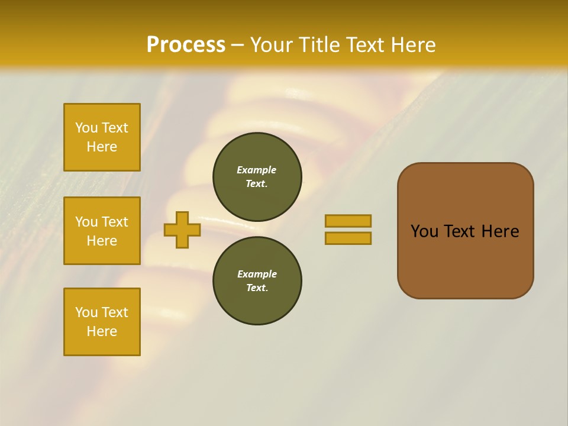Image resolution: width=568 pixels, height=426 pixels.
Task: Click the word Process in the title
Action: pyautogui.click(x=186, y=45)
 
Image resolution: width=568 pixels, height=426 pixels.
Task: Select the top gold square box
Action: pyautogui.click(x=102, y=137)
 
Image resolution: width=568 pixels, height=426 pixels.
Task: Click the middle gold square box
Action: pyautogui.click(x=102, y=231)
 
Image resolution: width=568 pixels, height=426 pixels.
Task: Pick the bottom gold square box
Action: pyautogui.click(x=102, y=322)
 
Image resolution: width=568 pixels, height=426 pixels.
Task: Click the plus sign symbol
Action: pyautogui.click(x=182, y=230)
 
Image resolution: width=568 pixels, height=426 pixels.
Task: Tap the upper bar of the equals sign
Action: pyautogui.click(x=348, y=221)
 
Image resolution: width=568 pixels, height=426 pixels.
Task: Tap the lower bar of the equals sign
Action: pyautogui.click(x=348, y=238)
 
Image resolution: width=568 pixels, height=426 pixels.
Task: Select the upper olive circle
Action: pyautogui.click(x=257, y=177)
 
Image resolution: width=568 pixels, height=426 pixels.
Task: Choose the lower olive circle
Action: pyautogui.click(x=257, y=281)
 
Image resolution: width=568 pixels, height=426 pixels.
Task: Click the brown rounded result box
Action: pyautogui.click(x=465, y=231)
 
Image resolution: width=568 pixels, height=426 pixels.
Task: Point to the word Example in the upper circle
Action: pyautogui.click(x=257, y=170)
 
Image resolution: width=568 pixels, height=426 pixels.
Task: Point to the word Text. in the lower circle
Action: pyautogui.click(x=257, y=288)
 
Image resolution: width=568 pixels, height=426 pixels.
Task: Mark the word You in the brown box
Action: pyautogui.click(x=424, y=231)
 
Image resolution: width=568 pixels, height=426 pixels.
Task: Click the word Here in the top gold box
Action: pyautogui.click(x=102, y=147)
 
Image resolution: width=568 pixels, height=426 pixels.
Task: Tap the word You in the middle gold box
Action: pyautogui.click(x=85, y=222)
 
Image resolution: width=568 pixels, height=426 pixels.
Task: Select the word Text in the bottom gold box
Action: pyautogui.click(x=114, y=312)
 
